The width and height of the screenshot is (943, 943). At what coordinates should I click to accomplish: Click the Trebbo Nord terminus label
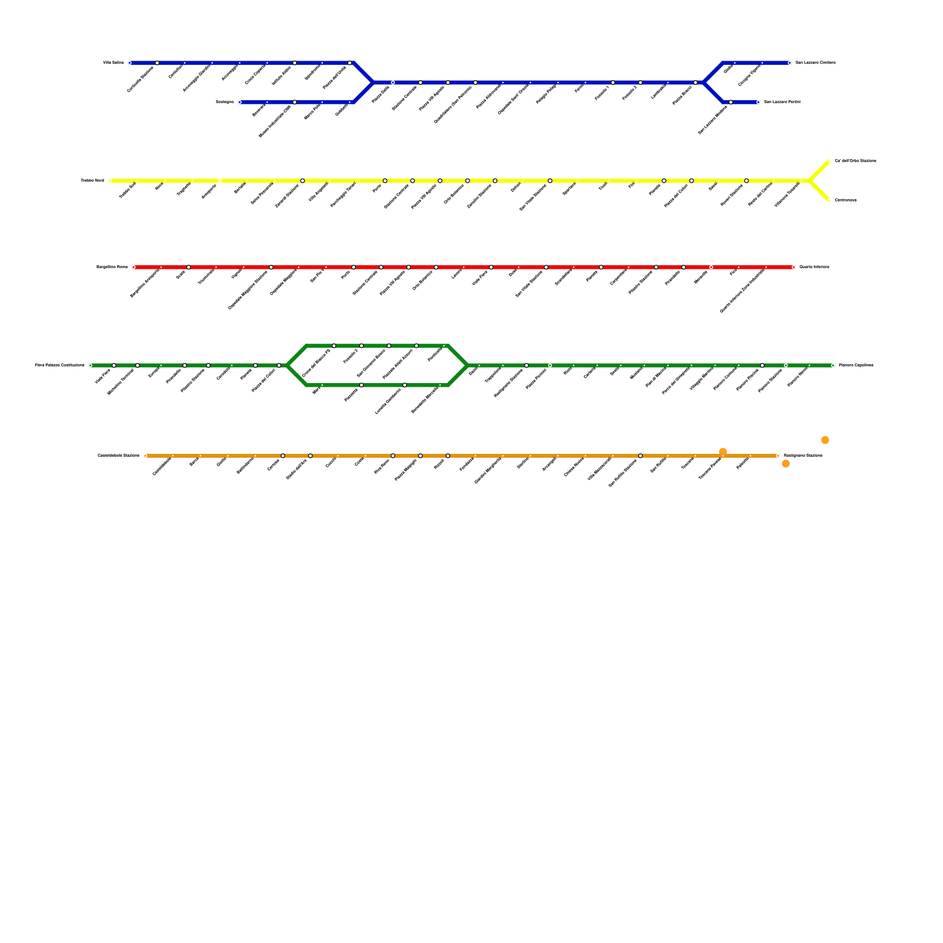tap(93, 180)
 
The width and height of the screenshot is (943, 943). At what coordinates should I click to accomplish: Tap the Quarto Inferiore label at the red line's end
tap(814, 267)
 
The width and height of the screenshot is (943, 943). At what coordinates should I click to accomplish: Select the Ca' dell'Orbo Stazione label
tap(855, 161)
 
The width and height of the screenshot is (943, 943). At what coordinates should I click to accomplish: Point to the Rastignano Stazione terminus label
tap(803, 456)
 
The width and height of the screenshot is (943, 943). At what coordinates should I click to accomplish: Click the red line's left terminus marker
tap(134, 267)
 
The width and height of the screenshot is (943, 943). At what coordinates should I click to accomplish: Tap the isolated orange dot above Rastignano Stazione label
tap(825, 440)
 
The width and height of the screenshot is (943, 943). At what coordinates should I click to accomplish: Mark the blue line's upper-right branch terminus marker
tap(790, 62)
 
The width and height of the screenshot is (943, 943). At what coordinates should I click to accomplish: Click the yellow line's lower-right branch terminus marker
tap(829, 200)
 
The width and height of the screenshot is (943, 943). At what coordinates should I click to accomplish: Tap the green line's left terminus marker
tap(90, 365)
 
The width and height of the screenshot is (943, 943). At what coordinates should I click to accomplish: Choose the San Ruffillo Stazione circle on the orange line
tap(641, 456)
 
